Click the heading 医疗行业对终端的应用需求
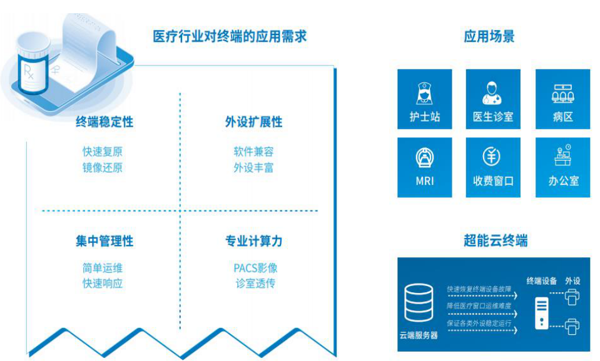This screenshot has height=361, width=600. pos(230,36)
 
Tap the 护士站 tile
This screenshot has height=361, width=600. pos(424,99)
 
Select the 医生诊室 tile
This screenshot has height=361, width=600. pos(493,99)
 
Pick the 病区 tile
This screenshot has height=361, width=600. pos(562,99)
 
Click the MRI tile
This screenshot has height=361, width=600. pos(424,167)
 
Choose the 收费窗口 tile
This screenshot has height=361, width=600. pos(493,167)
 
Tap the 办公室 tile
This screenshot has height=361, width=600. pos(562,167)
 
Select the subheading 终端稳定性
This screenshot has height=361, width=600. pos(104,122)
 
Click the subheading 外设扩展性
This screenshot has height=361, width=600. pos(253,122)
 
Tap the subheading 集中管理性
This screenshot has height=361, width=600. pos(104,241)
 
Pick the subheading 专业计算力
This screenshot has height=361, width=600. pos(253,241)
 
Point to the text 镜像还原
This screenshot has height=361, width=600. pos(103,167)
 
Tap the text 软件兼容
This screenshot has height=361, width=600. pos(253,152)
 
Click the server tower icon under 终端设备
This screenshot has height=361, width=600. pos(541,313)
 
